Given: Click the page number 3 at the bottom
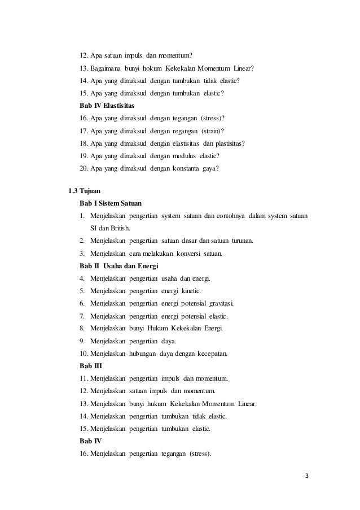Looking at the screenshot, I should click(x=308, y=476).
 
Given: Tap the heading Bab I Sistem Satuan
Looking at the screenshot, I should click(x=111, y=203).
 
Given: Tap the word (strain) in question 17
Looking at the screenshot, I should click(x=219, y=130).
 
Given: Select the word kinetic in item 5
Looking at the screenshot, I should click(x=196, y=291).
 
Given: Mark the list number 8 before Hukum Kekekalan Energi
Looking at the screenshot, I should click(x=82, y=328).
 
